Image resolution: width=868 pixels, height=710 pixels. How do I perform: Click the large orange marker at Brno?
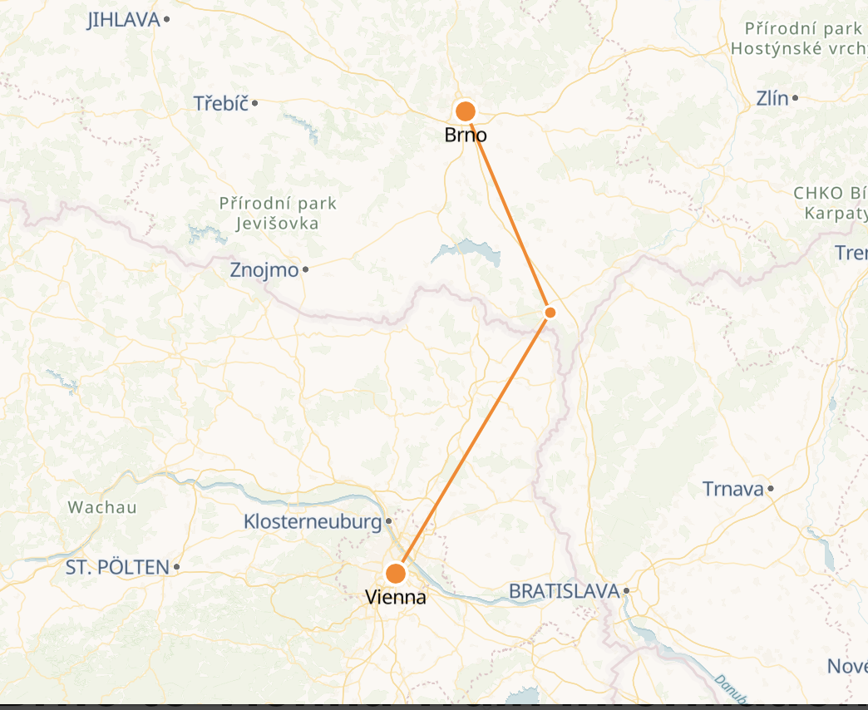tap(466, 111)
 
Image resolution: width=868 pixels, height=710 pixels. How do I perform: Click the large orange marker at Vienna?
tap(396, 574)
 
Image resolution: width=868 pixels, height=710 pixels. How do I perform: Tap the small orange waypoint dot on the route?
tap(550, 313)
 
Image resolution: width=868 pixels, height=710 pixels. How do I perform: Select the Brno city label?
tap(466, 135)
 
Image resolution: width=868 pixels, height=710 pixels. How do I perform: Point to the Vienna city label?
tap(396, 597)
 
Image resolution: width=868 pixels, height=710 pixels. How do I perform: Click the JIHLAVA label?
tap(123, 20)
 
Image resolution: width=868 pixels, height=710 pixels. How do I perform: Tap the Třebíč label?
tap(221, 104)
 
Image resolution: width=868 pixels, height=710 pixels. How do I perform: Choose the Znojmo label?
tap(264, 270)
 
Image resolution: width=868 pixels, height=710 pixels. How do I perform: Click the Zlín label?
tap(772, 98)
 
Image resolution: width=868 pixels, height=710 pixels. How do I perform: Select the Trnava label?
tap(732, 489)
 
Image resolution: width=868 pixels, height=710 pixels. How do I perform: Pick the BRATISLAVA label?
tap(565, 591)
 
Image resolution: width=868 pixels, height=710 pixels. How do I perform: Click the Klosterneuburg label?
tap(313, 522)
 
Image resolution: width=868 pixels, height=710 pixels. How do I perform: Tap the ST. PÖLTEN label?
tap(117, 568)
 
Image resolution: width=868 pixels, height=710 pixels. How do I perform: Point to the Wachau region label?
tap(102, 507)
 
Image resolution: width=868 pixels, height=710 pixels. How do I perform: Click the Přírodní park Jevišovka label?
tap(278, 213)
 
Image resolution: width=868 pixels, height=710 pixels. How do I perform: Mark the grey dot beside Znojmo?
tap(306, 269)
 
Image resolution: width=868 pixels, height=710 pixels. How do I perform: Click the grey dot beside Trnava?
tap(771, 489)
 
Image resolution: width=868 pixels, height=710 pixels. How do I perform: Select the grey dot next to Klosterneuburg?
tap(388, 522)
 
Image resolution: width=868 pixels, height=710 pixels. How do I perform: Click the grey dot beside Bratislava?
tap(626, 591)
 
